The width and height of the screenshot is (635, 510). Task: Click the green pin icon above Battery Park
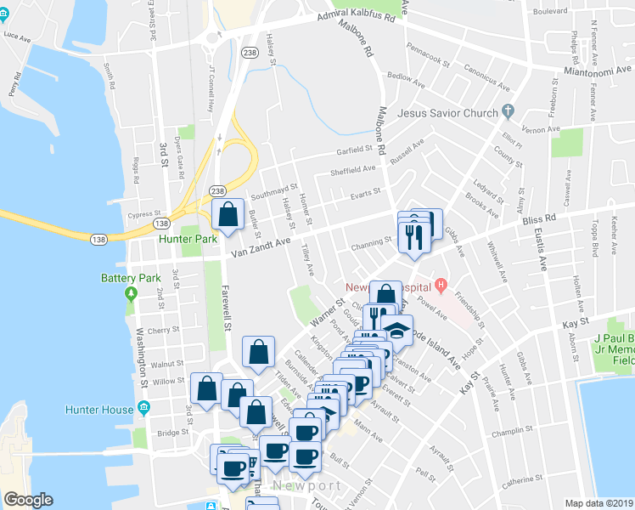(x=130, y=294)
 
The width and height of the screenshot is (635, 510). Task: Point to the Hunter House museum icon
(x=143, y=409)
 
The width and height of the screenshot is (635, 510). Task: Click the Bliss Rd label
(x=538, y=218)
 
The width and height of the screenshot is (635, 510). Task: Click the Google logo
(x=28, y=500)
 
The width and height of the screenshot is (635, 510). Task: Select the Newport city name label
(x=306, y=485)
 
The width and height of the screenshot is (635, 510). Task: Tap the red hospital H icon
(x=440, y=284)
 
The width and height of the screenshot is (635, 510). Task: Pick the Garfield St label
(x=352, y=148)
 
